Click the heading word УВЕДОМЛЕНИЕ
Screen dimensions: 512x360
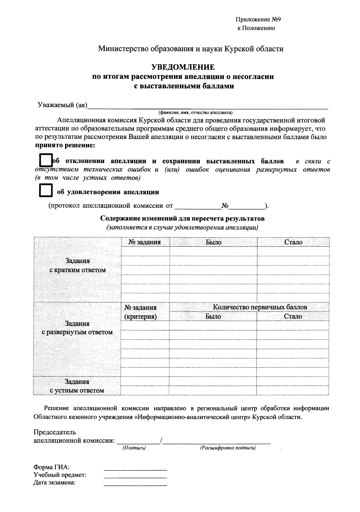183,67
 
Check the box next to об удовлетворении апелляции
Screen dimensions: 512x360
46,190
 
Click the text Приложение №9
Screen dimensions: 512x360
258,20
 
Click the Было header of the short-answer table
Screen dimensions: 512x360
213,242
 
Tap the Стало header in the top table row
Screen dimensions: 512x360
293,242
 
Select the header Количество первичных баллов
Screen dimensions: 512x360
260,307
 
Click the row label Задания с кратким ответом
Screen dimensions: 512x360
78,265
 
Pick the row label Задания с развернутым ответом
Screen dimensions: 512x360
77,328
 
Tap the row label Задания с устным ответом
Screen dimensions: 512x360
77,386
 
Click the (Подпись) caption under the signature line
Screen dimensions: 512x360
134,448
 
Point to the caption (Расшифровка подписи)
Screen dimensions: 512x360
228,448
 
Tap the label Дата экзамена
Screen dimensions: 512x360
55,483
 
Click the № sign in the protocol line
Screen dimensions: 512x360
225,206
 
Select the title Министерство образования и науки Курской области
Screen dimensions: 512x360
191,49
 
